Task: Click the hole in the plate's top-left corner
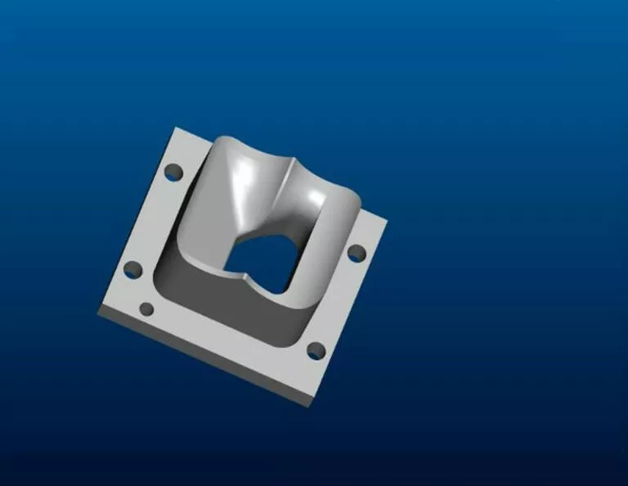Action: [173, 173]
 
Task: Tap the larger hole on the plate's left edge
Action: [131, 270]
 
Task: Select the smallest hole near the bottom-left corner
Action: [147, 309]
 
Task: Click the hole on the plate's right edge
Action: [357, 253]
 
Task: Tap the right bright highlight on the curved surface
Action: [313, 196]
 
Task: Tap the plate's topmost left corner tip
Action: [177, 128]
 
